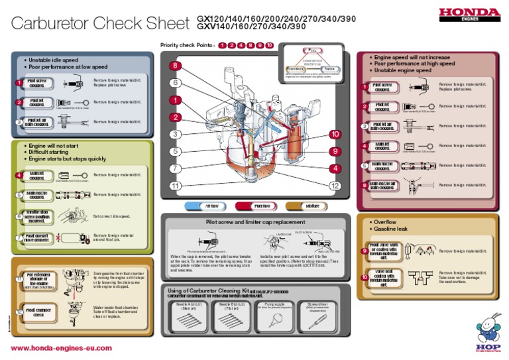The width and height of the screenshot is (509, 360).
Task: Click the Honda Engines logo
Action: point(469,14)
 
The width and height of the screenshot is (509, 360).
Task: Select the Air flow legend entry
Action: point(211,206)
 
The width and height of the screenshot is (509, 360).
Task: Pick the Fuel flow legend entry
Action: point(261,206)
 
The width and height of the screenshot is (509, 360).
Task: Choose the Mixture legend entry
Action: point(312,206)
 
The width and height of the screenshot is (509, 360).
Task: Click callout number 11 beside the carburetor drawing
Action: point(175,186)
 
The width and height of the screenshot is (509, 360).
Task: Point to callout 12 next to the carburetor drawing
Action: point(337,186)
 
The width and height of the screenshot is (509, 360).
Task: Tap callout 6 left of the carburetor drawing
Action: point(175,83)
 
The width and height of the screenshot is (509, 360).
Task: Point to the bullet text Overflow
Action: point(386,222)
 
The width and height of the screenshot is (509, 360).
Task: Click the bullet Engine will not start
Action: point(53,145)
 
